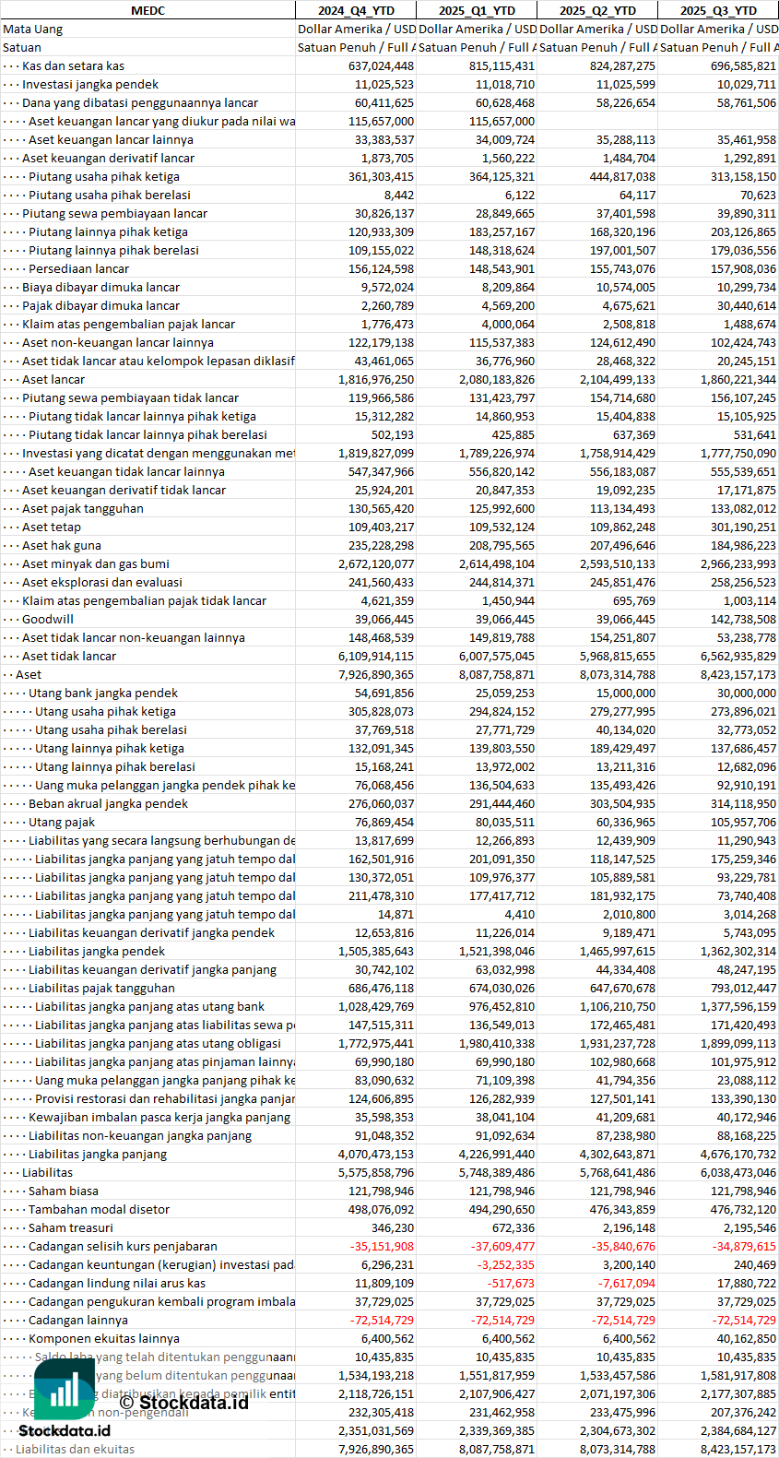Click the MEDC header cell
[x=148, y=10]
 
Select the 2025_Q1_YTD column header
[x=477, y=10]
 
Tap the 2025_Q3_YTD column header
[x=718, y=10]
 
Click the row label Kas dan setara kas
[x=73, y=65]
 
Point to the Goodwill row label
[x=48, y=619]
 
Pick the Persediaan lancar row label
[x=78, y=268]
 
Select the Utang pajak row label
[x=62, y=822]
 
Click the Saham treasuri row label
[x=71, y=1227]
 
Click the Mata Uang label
[x=33, y=29]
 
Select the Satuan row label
[x=22, y=47]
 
